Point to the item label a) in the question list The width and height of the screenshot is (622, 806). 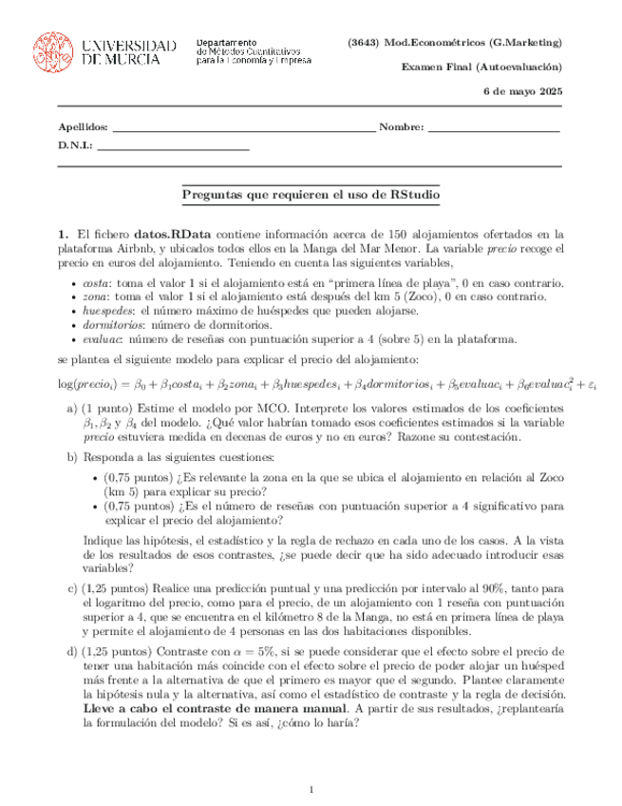click(72, 408)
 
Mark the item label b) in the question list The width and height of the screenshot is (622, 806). click(72, 457)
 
